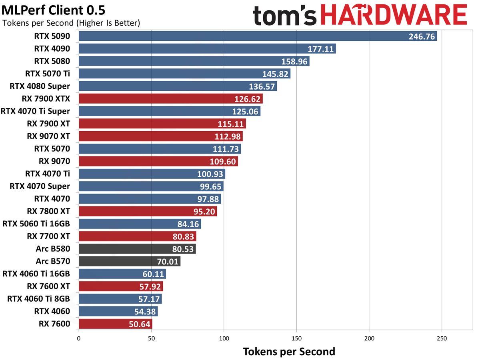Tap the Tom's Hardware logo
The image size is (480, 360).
[360, 16]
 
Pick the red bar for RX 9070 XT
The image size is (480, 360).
[160, 136]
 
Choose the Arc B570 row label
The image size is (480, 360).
[53, 261]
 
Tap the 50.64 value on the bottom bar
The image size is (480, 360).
[138, 324]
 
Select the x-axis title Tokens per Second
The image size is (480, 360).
[289, 351]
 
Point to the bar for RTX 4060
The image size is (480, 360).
[118, 311]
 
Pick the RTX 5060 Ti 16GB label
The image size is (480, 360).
[36, 224]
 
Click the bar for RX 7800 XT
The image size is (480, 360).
[148, 211]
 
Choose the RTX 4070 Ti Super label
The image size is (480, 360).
[36, 111]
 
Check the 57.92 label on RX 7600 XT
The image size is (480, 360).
[149, 286]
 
